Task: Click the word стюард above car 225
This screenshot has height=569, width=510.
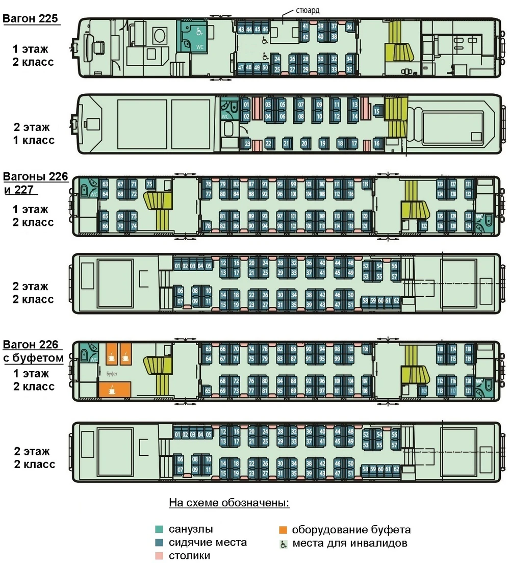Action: [308, 10]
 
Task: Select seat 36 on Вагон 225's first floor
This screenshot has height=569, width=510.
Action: [349, 27]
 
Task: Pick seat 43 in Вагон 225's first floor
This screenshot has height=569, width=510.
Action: [241, 29]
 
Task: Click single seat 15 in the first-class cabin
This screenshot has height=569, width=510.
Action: [377, 111]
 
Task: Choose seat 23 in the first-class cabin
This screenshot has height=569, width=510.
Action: [247, 144]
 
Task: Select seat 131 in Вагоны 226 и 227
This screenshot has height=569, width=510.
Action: [469, 184]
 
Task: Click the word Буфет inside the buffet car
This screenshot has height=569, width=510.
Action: [112, 374]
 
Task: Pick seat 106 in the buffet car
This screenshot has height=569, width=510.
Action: [365, 349]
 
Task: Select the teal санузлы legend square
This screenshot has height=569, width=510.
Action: [160, 529]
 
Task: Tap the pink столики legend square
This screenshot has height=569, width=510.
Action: [160, 555]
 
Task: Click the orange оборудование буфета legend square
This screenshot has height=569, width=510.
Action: [284, 529]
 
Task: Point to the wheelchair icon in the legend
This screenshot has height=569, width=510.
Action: [284, 544]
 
